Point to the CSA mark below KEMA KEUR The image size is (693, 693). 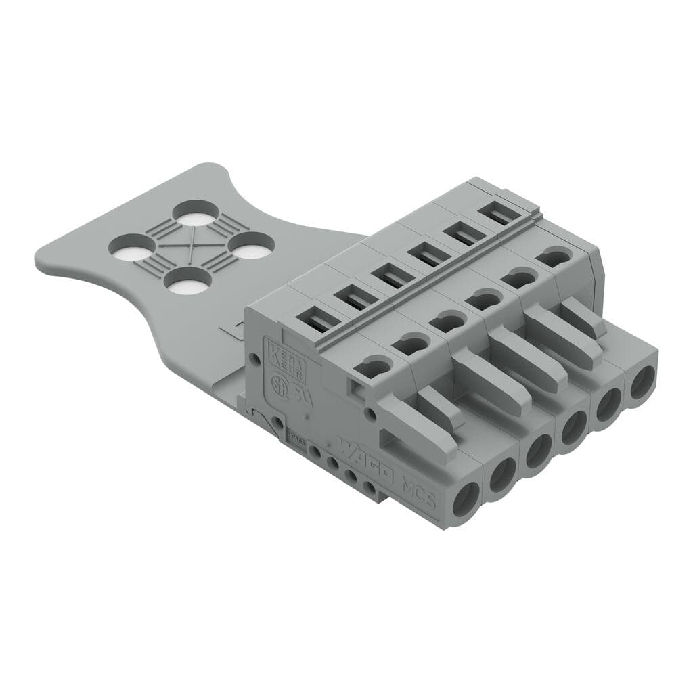click(279, 384)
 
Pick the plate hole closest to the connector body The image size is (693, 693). click(251, 246)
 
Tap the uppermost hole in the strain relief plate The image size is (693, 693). click(195, 214)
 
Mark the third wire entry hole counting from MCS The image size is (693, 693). click(538, 453)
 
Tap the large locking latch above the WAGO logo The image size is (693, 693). click(413, 430)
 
